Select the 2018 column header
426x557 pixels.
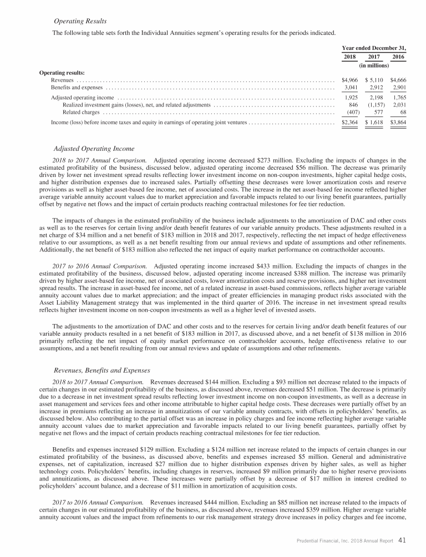350,57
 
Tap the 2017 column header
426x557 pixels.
373,57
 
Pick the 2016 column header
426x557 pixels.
398,57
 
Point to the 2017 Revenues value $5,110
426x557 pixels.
373,80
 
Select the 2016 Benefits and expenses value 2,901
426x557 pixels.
398,88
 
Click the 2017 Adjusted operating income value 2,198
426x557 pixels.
375,98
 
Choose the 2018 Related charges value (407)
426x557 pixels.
351,112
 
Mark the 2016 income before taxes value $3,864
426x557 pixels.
398,122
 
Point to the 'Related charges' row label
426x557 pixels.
81,112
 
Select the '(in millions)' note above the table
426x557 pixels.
373,65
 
